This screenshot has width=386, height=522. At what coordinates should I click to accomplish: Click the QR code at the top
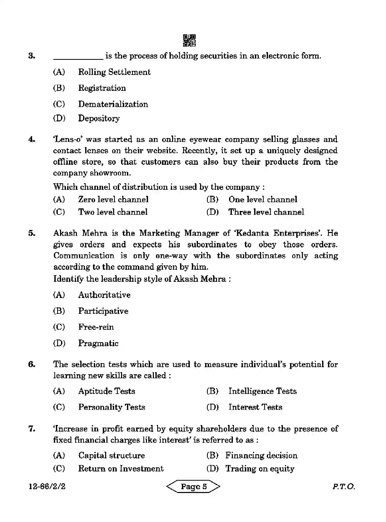[x=189, y=41]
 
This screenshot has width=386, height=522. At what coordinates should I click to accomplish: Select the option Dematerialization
[x=113, y=104]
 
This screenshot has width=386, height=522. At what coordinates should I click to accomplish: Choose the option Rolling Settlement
[x=114, y=72]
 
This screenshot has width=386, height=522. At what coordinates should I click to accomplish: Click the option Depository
[x=99, y=118]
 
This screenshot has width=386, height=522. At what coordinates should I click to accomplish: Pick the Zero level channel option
[x=113, y=199]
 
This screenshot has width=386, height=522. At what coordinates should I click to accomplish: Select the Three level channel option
[x=266, y=212]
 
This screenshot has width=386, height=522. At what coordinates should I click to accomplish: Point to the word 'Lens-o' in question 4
[x=67, y=139]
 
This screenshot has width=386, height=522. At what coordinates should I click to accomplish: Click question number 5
[x=32, y=233]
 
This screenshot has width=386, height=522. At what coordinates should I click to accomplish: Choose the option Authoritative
[x=104, y=295]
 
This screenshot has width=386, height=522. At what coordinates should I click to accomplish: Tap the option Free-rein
[x=96, y=327]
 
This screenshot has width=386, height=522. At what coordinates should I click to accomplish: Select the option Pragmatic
[x=98, y=343]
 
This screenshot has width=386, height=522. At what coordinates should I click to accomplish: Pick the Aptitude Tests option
[x=106, y=391]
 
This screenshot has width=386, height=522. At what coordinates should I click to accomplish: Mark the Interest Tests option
[x=255, y=407]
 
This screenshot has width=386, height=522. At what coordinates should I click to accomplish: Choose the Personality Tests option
[x=112, y=407]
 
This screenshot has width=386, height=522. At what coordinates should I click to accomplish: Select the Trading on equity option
[x=260, y=469]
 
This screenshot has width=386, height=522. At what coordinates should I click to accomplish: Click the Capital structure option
[x=111, y=456]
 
